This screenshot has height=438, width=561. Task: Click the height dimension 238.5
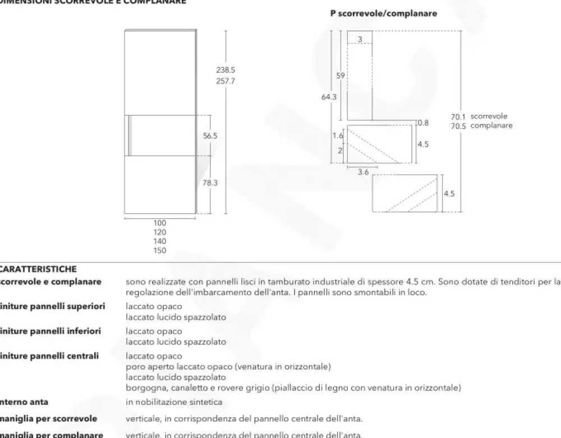click(x=226, y=71)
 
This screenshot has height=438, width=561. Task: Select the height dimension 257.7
click(x=226, y=81)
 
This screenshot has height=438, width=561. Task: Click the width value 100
click(x=160, y=223)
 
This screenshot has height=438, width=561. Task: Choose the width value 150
click(x=160, y=251)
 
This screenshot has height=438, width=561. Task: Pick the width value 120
click(x=160, y=232)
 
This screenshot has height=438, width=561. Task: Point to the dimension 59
click(x=341, y=75)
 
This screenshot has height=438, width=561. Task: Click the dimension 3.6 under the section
click(x=363, y=173)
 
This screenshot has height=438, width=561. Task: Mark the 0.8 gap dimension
click(x=423, y=123)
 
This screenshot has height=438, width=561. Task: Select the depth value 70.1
click(x=458, y=117)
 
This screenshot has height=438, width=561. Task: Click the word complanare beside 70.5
click(x=491, y=126)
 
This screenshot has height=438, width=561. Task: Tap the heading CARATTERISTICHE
click(x=39, y=269)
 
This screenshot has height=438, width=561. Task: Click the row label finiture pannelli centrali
click(x=50, y=356)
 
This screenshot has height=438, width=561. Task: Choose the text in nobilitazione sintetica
click(x=174, y=402)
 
